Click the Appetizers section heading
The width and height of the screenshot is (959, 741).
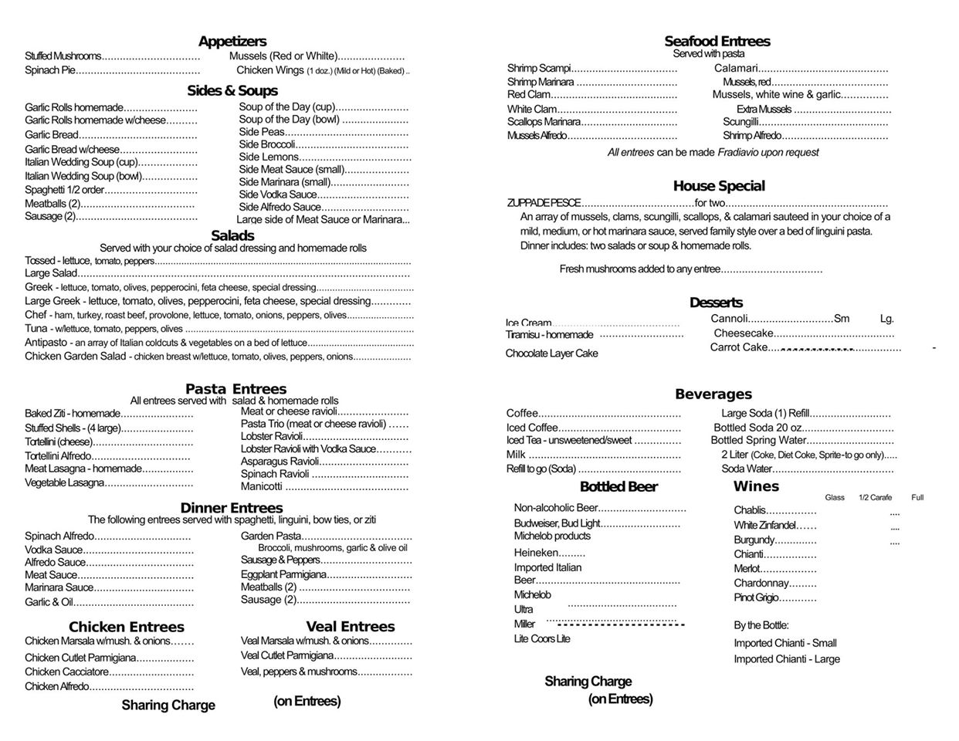232,42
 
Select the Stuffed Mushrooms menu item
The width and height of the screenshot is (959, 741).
63,56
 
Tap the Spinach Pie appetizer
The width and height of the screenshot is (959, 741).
50,70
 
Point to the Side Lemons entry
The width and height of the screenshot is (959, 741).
268,157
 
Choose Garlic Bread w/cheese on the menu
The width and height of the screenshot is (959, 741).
72,150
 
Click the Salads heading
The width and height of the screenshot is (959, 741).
232,236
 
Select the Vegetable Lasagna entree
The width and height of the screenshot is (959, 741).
64,483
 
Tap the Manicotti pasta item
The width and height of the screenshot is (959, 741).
262,487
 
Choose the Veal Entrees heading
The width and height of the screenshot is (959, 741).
350,627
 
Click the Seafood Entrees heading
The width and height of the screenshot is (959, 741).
717,42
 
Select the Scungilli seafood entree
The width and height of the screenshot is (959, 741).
741,122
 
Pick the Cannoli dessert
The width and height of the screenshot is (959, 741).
729,319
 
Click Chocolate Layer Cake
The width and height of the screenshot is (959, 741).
551,354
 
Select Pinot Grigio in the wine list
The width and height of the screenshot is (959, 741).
756,598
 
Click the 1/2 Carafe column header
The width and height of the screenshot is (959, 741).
875,498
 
